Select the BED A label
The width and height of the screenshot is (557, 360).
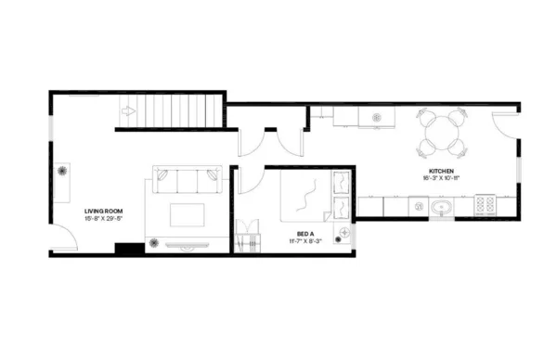305,234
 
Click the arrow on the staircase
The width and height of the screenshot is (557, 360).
127,113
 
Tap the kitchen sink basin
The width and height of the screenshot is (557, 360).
441,207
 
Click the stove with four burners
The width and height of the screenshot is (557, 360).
486,205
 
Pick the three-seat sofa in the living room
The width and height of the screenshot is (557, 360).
187,179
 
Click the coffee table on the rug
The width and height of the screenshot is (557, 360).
188,215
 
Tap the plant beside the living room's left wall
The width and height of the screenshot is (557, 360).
64,171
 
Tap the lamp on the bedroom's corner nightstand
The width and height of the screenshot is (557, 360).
345,231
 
